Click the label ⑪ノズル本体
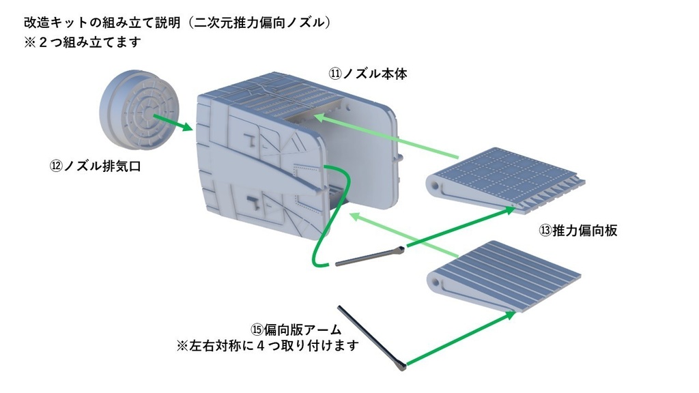[368, 73]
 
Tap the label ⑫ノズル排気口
[95, 166]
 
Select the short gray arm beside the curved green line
[369, 257]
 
